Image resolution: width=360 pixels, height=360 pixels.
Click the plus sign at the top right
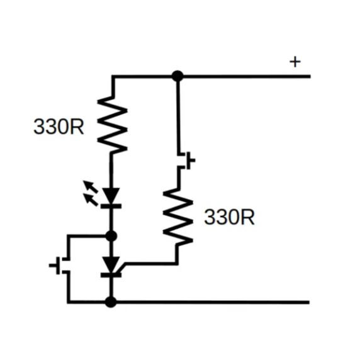[x=295, y=62]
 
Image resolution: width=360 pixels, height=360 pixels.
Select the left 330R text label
[x=59, y=127]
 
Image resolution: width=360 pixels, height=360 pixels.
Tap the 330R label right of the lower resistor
[x=230, y=218]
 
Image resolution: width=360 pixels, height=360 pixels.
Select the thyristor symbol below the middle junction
[x=112, y=266]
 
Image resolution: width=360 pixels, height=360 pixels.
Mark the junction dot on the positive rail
[x=177, y=76]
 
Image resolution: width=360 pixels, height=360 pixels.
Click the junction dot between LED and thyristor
[x=112, y=236]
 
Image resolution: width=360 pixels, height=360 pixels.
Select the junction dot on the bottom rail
[x=111, y=302]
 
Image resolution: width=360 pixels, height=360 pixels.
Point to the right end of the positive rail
[x=310, y=76]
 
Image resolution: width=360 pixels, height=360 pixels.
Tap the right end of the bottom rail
[x=308, y=302]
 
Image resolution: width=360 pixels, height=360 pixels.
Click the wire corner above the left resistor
[x=112, y=76]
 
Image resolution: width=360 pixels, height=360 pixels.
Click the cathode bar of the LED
[x=112, y=205]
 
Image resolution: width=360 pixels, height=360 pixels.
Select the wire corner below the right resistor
[x=177, y=262]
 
